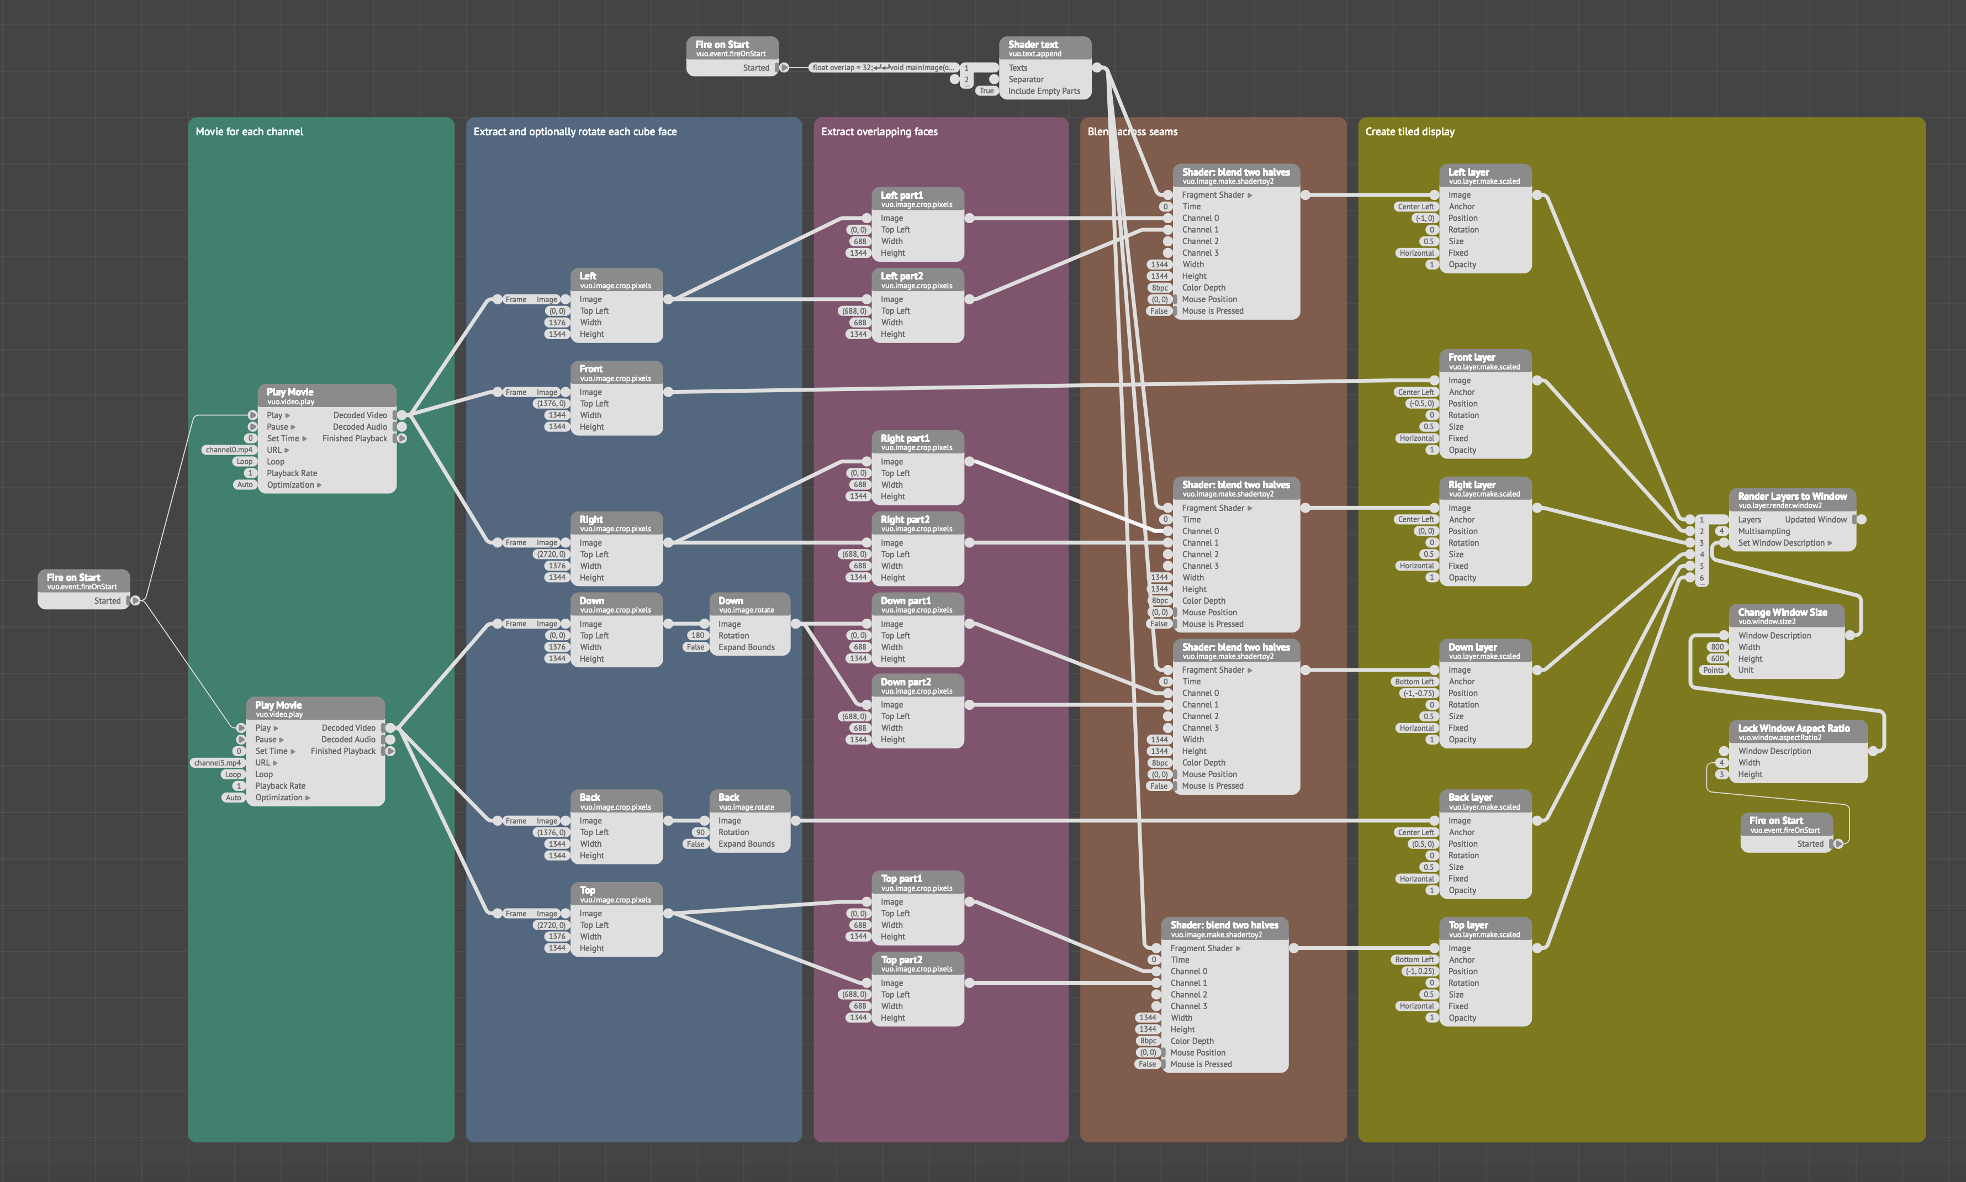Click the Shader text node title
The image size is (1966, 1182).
point(1033,45)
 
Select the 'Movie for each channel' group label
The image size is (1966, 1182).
point(249,131)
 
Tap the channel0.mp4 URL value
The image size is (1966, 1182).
point(229,450)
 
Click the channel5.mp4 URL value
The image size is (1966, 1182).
point(216,763)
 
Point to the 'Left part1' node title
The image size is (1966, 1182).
point(901,195)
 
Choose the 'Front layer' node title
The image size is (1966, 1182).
point(1472,357)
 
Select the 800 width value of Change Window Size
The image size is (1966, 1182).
point(1717,647)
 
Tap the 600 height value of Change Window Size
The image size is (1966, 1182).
point(1717,659)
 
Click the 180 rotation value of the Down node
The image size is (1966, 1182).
point(697,636)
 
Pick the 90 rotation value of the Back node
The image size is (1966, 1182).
point(700,832)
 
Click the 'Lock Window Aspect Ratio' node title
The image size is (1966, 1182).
point(1793,728)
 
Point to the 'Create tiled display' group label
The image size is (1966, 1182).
point(1409,131)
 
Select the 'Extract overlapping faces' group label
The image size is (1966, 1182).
point(879,131)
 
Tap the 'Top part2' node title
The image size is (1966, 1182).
point(901,960)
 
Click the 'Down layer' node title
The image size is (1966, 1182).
point(1472,647)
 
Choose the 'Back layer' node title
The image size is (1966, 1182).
point(1470,797)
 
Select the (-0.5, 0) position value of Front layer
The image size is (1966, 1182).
point(1421,404)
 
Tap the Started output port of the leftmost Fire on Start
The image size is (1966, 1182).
point(135,600)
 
